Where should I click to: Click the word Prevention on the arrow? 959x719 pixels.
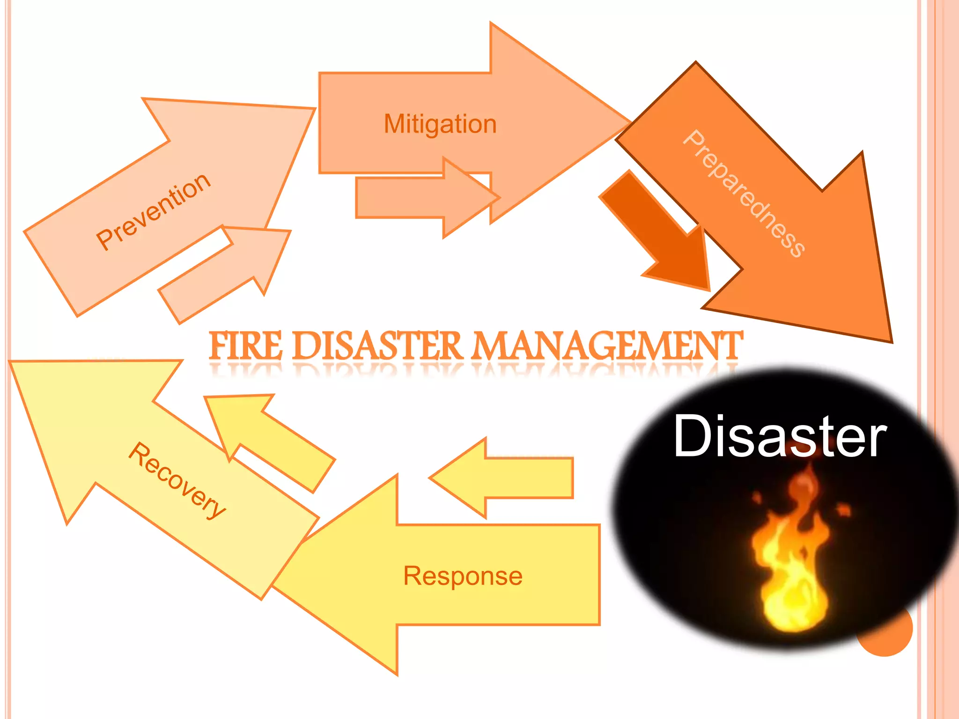point(153,211)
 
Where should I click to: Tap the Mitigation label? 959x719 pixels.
point(440,124)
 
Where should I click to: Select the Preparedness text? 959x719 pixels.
point(744,193)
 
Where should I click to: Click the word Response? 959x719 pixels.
point(463,576)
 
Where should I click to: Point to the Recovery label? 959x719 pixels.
point(177,481)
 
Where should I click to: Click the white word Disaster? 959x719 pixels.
point(780,436)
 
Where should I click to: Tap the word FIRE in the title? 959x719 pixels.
point(246,346)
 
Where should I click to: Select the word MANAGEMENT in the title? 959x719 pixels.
point(607,346)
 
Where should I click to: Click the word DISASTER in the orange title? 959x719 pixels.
point(378,346)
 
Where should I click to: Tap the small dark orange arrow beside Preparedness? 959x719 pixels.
point(665,234)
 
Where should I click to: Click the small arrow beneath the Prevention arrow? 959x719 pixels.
point(225,274)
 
